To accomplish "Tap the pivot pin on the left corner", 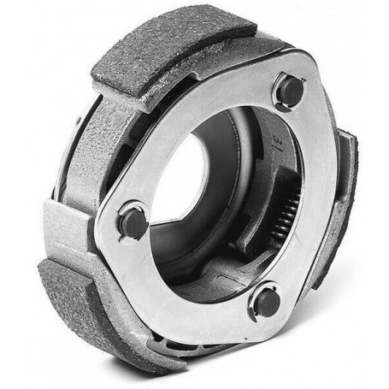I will (133, 221).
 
